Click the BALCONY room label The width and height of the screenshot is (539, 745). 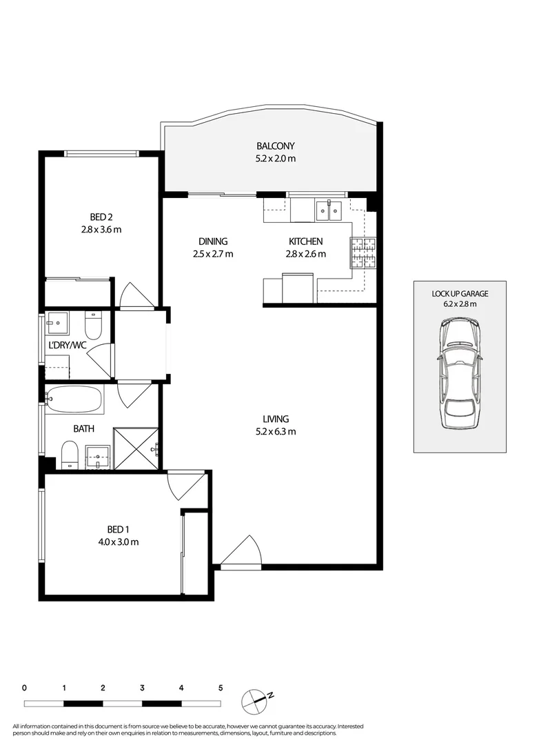click(x=276, y=146)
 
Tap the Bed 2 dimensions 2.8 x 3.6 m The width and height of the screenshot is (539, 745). click(x=101, y=230)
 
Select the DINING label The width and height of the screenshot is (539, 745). click(x=212, y=241)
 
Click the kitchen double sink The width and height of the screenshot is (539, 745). click(x=328, y=210)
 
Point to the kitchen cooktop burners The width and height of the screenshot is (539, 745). click(x=364, y=252)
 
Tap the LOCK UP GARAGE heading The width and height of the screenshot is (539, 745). click(x=460, y=293)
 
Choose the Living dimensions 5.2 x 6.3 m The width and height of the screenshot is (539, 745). click(x=275, y=432)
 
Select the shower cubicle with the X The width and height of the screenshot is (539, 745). click(x=135, y=448)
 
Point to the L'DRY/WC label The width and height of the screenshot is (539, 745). click(x=67, y=346)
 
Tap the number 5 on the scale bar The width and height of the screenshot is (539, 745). click(x=221, y=688)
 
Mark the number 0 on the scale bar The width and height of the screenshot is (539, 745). click(x=24, y=688)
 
